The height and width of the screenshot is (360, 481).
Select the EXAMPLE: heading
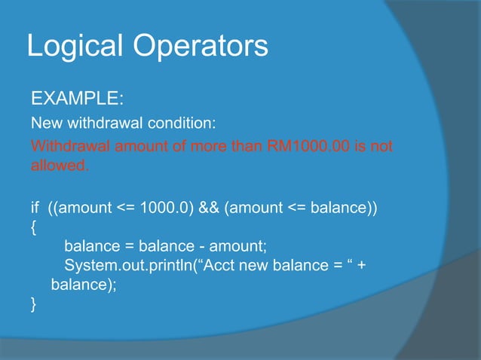[72, 99]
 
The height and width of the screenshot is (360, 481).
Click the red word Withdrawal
[71, 145]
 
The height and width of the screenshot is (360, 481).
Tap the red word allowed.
[60, 165]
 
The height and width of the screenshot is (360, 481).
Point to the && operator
[208, 207]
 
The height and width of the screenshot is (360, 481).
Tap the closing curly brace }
[32, 304]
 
